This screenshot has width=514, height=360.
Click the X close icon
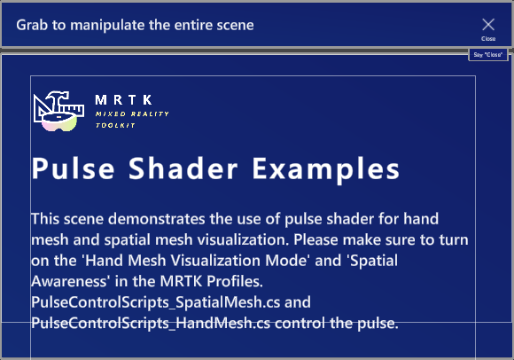tap(488, 24)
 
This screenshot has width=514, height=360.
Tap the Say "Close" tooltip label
tap(488, 55)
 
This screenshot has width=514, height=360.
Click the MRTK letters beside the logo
tap(123, 99)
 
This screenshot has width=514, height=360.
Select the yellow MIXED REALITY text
tap(132, 114)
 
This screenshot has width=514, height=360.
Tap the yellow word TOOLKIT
tap(115, 125)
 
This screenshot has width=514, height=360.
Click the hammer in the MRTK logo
tap(58, 99)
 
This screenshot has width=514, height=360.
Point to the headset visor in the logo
tap(59, 122)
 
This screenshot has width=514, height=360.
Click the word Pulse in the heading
tap(73, 168)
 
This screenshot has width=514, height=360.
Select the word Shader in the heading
tap(183, 168)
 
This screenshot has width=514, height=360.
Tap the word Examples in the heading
tap(326, 169)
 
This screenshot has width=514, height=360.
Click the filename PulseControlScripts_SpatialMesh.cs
tap(156, 302)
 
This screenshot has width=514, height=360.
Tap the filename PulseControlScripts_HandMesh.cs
tap(151, 324)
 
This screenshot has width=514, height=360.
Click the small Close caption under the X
tap(488, 39)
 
